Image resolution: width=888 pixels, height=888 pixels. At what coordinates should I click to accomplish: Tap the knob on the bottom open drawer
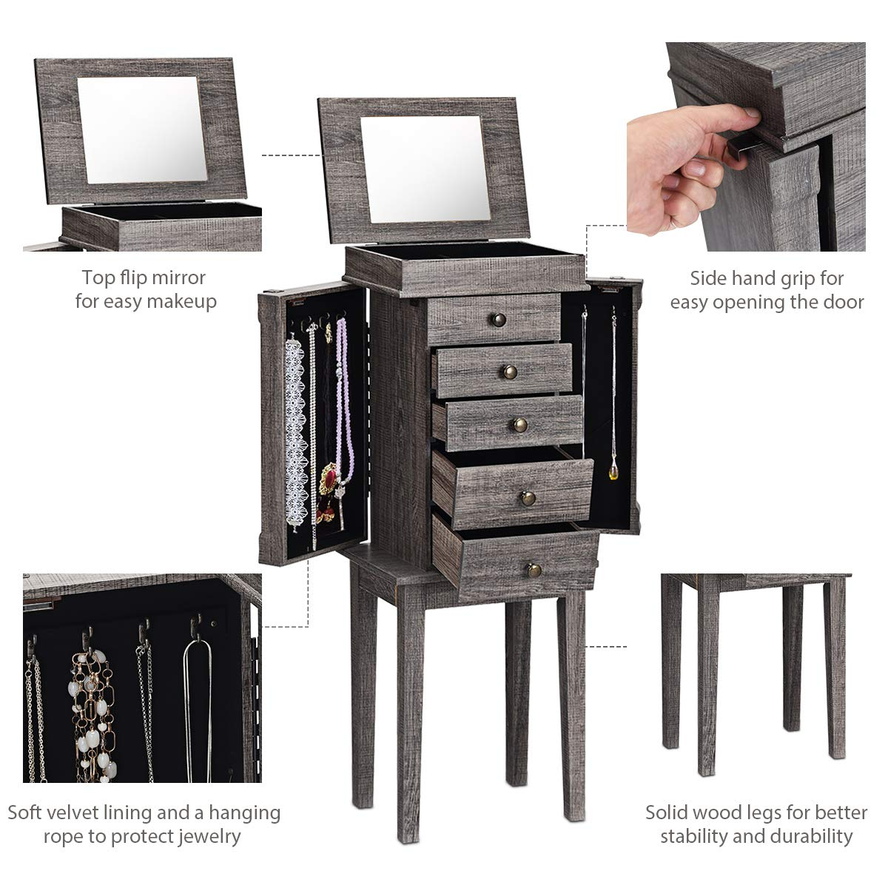point(534,570)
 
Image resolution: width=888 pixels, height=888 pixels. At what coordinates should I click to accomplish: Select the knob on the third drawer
point(520,425)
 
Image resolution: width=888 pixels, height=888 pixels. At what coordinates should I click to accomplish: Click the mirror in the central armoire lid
point(423,169)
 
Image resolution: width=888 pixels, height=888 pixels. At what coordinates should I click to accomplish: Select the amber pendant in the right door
point(613,471)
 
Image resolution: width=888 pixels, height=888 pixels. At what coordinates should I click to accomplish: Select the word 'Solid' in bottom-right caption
point(670,813)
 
